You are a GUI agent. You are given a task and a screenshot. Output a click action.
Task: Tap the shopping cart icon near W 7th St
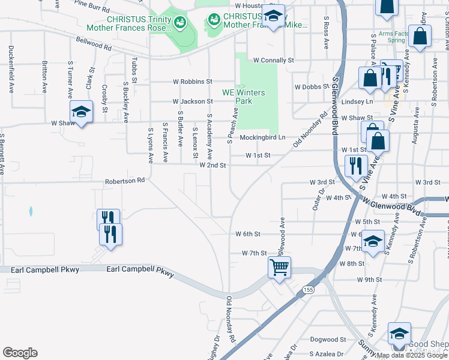[x=279, y=267]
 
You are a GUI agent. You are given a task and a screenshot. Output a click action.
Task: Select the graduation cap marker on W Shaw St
[x=82, y=112]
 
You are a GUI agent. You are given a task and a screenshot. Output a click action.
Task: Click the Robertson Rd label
[x=125, y=180]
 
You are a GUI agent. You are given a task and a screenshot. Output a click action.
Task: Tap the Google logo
[x=20, y=353]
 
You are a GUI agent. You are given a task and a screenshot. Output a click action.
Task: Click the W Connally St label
[x=273, y=61]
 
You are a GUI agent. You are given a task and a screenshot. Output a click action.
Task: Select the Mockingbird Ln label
[x=261, y=137]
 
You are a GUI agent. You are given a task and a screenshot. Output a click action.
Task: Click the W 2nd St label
[x=212, y=165]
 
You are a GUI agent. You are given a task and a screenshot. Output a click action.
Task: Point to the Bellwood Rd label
[x=94, y=44]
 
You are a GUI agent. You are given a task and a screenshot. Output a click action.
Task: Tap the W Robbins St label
[x=193, y=81]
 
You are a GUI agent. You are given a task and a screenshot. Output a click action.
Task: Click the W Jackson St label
[x=193, y=102]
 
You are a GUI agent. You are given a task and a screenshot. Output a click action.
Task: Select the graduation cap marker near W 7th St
[x=373, y=242]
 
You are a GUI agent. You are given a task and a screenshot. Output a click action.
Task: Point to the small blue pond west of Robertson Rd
[x=30, y=211]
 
